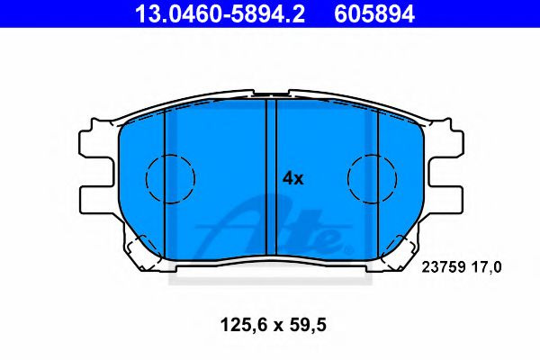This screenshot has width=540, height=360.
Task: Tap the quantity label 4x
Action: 293,178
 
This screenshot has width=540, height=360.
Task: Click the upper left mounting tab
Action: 97,142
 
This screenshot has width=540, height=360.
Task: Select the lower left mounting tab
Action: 97,198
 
